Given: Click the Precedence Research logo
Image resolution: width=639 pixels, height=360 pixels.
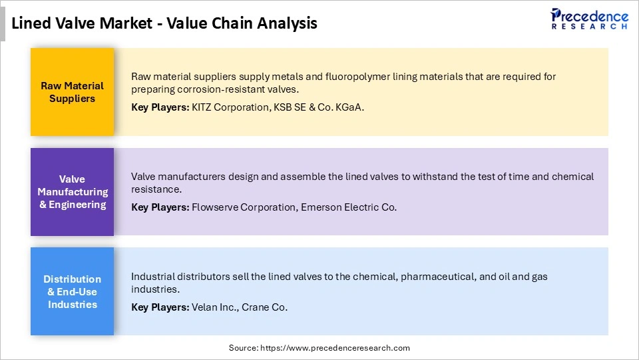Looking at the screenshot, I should coord(589,19).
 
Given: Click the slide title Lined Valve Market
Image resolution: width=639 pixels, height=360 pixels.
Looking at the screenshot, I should coord(164,23).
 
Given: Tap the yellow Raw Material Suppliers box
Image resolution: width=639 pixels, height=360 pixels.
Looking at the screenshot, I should coord(72,92).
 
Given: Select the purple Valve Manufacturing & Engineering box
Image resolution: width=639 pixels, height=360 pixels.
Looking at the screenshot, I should coord(72,192).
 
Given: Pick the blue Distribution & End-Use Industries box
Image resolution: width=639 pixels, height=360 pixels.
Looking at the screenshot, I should coord(72,291).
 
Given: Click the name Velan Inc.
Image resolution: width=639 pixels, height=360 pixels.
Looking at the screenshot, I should coord(215,307).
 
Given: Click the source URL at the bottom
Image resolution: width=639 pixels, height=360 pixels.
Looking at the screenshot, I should coord(337,348).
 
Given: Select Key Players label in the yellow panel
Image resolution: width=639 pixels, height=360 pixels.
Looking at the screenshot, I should coord(160,107).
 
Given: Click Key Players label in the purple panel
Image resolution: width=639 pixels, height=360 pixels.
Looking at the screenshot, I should coord(160,207).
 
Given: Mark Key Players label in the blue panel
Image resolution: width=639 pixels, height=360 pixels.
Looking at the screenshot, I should coord(160,307).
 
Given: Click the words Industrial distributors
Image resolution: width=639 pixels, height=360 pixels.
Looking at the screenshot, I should coord(175,276).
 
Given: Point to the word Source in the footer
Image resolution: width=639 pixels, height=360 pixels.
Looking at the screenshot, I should coord(243,348).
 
